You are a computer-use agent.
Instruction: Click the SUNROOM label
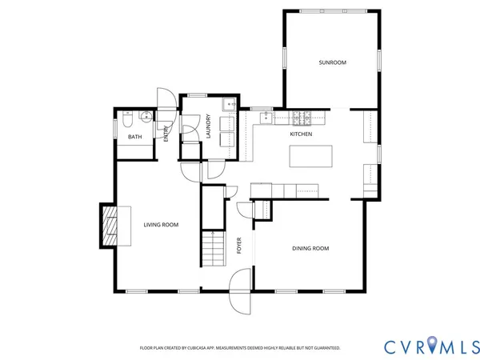click(332, 62)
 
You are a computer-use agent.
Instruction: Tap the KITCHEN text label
click(301, 134)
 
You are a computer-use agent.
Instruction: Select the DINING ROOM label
click(309, 248)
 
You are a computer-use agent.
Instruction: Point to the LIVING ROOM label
click(161, 225)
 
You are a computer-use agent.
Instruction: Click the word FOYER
click(239, 246)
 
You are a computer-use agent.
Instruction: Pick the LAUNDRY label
click(208, 129)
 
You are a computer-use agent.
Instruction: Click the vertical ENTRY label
click(166, 134)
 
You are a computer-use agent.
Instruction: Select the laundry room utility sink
click(229, 104)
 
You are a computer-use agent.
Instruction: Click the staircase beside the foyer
click(211, 248)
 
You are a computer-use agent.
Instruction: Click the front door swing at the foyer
click(240, 292)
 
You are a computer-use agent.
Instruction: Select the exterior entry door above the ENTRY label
click(166, 98)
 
